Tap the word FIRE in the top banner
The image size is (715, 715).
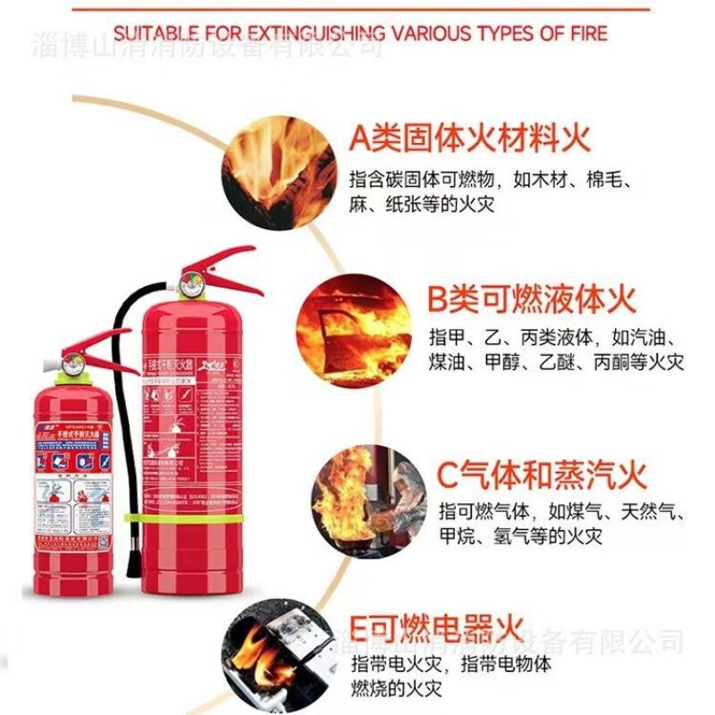585,34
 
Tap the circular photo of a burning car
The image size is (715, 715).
354,331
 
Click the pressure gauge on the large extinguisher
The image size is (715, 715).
189,284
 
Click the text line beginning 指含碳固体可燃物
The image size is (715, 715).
492,179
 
